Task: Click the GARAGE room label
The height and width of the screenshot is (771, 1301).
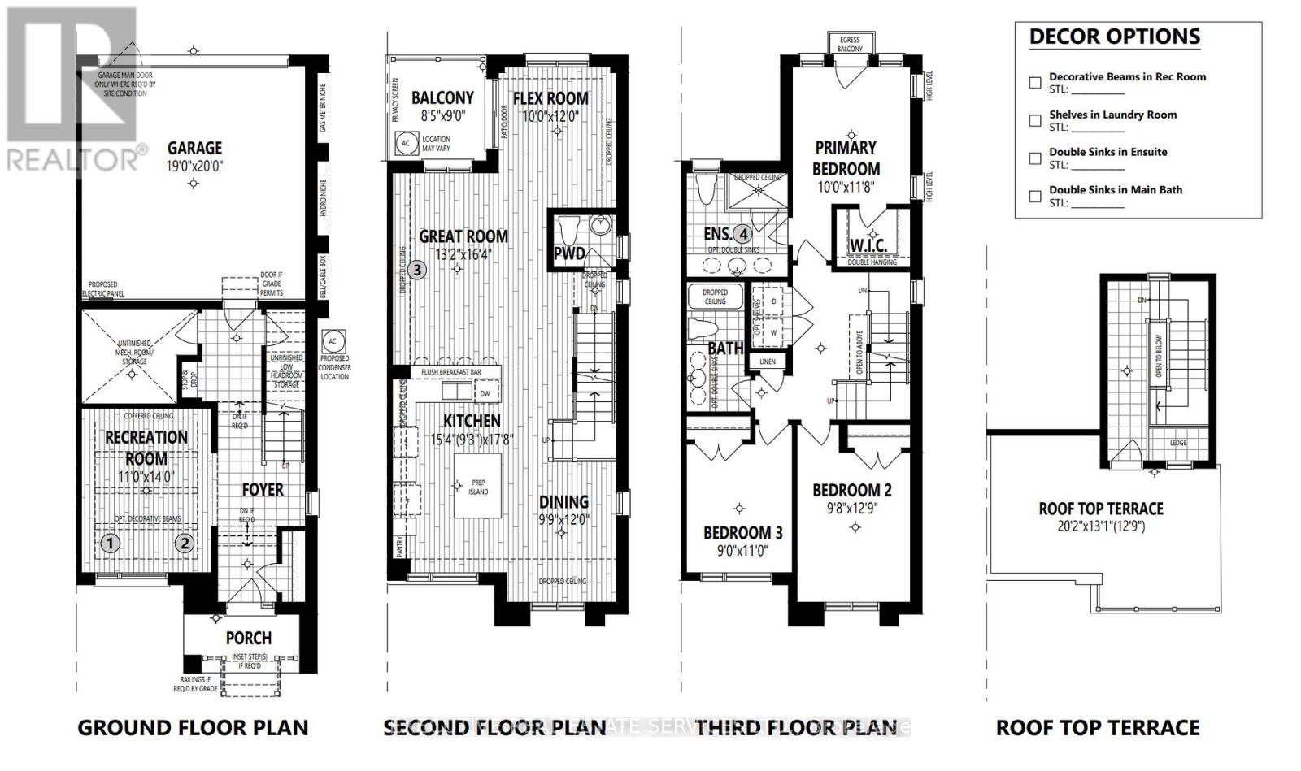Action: pyautogui.click(x=194, y=148)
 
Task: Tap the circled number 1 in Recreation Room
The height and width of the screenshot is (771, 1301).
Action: pyautogui.click(x=111, y=544)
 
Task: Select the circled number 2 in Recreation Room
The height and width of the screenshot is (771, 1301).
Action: pyautogui.click(x=185, y=544)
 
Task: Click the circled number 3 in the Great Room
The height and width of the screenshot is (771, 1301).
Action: pyautogui.click(x=416, y=269)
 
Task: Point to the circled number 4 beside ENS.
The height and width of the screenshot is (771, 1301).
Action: pyautogui.click(x=742, y=234)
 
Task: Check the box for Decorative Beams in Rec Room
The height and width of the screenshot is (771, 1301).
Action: pyautogui.click(x=1035, y=82)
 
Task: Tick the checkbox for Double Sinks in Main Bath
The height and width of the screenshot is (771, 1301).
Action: pyautogui.click(x=1035, y=196)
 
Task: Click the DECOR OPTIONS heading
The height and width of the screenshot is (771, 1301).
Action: pyautogui.click(x=1114, y=37)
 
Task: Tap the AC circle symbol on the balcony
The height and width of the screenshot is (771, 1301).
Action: pyautogui.click(x=405, y=142)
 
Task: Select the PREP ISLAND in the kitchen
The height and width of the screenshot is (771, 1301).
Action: pyautogui.click(x=478, y=487)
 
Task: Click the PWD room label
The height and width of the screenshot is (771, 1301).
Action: pyautogui.click(x=569, y=253)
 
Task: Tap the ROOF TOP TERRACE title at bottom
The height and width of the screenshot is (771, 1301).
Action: pyautogui.click(x=1098, y=727)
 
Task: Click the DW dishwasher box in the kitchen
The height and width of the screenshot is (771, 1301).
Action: pyautogui.click(x=485, y=393)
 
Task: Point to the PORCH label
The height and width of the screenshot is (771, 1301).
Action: pyautogui.click(x=249, y=639)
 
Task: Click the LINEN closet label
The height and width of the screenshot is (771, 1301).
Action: pyautogui.click(x=768, y=362)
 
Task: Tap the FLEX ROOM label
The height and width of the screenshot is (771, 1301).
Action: pyautogui.click(x=550, y=98)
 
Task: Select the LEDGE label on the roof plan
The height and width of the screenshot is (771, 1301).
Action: pyautogui.click(x=1178, y=443)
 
